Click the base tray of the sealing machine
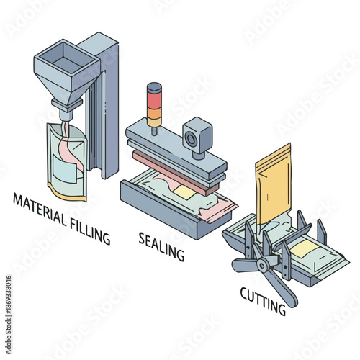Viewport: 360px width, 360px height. pos(155,209)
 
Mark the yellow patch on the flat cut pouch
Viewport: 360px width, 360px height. pos(305,249)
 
